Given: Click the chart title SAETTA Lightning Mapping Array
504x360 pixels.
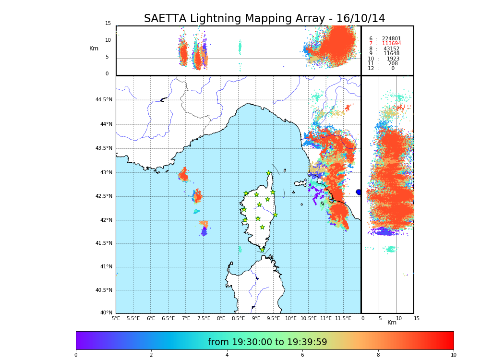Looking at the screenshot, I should click(264, 19).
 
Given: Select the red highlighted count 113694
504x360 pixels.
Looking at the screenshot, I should click(391, 44).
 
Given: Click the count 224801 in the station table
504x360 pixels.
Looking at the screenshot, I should click(391, 39).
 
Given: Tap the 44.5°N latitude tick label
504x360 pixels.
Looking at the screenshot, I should click(104, 100).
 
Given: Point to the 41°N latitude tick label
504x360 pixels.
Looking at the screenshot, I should click(106, 267).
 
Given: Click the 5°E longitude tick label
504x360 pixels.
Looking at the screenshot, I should click(116, 318).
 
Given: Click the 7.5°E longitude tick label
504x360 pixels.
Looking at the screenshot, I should click(204, 318).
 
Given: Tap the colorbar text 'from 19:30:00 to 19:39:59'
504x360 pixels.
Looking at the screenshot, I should click(267, 342).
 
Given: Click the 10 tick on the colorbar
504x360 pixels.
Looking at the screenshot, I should click(453, 355).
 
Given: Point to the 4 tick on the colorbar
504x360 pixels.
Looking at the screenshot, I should click(227, 355).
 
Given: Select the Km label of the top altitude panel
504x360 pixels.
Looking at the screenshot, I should click(94, 48).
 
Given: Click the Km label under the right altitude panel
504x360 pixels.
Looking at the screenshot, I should click(392, 323).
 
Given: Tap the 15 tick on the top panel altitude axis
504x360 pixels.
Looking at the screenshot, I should click(108, 24).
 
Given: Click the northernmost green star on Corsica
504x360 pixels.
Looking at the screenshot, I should click(269, 173).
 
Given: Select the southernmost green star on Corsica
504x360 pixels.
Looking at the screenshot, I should click(262, 250).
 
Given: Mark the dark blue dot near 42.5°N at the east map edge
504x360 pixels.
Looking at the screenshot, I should click(359, 192).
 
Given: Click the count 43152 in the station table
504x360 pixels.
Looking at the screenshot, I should click(391, 49).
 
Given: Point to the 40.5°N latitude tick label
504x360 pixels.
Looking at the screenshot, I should click(104, 290).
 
